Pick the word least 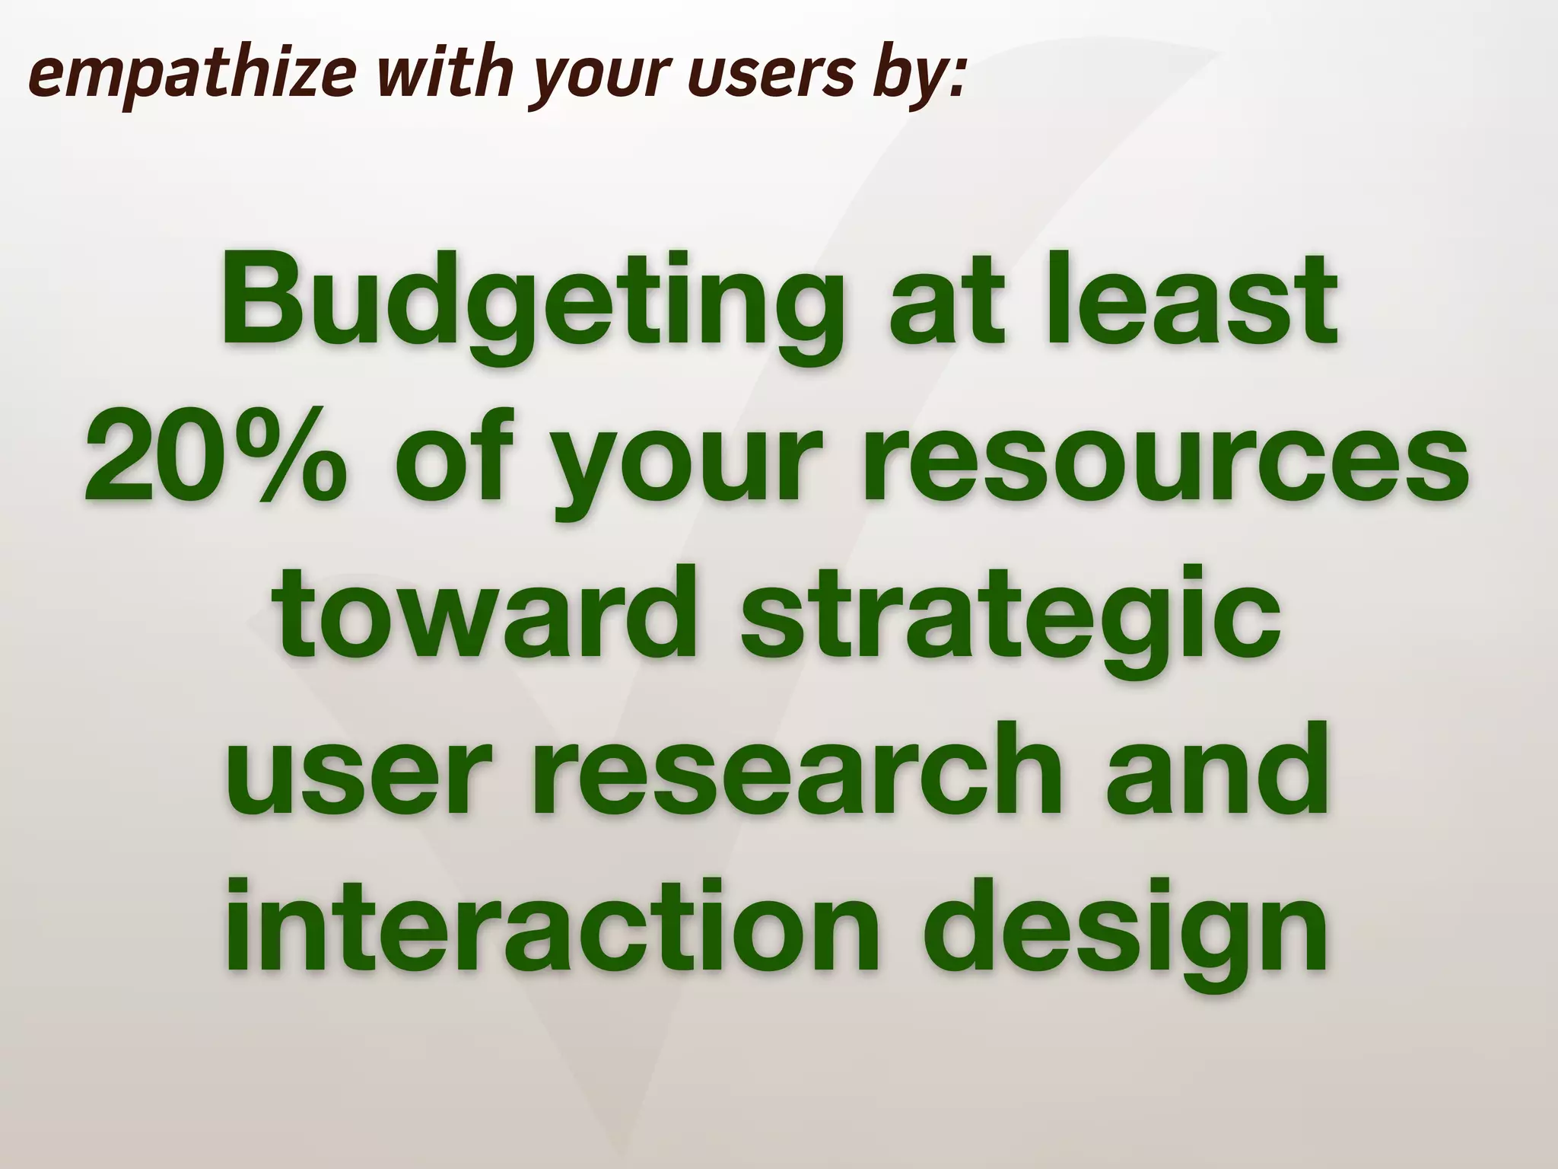[1187, 304]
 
